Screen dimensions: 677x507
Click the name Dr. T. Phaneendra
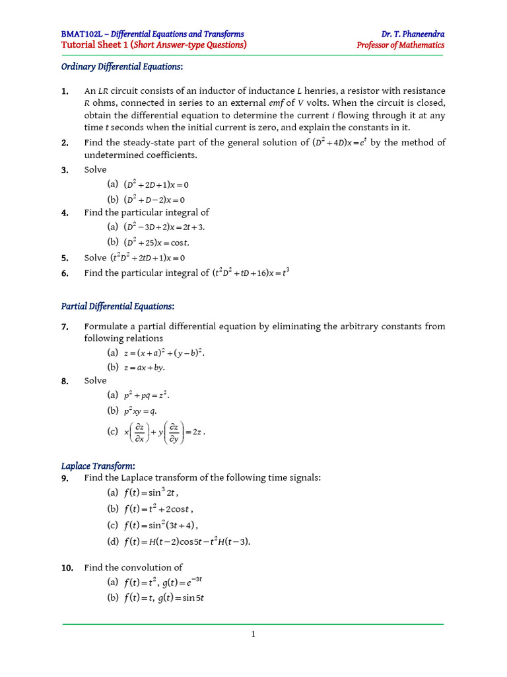pyautogui.click(x=413, y=34)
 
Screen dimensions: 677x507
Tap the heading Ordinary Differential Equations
pyautogui.click(x=122, y=67)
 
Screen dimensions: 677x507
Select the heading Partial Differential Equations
pyautogui.click(x=118, y=306)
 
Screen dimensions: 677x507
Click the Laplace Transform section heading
pyautogui.click(x=98, y=466)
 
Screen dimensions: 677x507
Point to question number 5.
pyautogui.click(x=65, y=258)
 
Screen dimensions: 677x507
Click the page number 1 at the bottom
pyautogui.click(x=253, y=635)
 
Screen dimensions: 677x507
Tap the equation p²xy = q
pyautogui.click(x=141, y=411)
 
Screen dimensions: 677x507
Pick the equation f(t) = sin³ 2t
pyautogui.click(x=151, y=492)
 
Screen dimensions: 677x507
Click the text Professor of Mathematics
pyautogui.click(x=400, y=46)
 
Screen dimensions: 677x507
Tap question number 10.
pyautogui.click(x=67, y=567)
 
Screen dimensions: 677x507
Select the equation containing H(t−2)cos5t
pyautogui.click(x=187, y=541)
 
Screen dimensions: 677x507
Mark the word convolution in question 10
pyautogui.click(x=149, y=567)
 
